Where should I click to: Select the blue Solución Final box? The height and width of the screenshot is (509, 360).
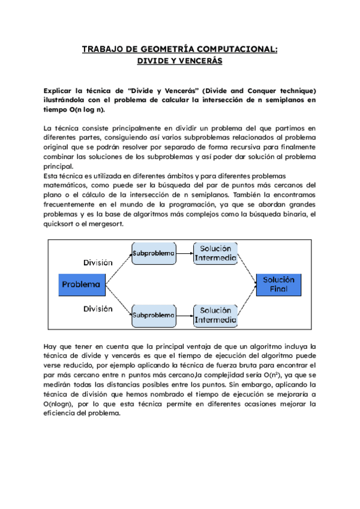tap(279, 285)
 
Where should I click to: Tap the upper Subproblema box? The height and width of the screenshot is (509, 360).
tap(154, 254)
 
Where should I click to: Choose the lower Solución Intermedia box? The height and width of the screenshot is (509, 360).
tap(215, 315)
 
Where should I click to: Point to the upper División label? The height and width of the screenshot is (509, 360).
tap(97, 262)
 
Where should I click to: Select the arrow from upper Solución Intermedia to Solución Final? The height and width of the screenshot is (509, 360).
tap(247, 267)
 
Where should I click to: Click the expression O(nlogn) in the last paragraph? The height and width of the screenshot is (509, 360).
tap(61, 403)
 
